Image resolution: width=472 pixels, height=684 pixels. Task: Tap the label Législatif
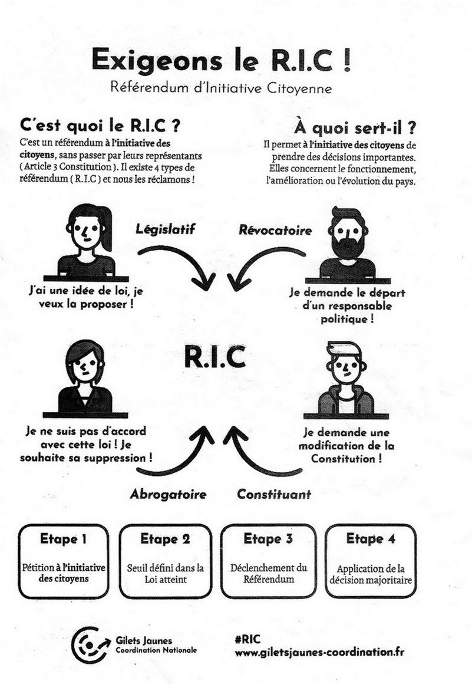[165, 229]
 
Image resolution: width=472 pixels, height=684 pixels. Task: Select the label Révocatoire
[275, 230]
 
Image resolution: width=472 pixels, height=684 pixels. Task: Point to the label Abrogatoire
[168, 494]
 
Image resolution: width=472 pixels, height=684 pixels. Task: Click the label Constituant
[274, 494]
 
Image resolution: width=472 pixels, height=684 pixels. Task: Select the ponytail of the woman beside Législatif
[105, 227]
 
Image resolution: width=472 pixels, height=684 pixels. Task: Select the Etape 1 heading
[63, 539]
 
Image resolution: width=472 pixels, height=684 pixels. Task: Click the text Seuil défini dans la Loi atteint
[166, 574]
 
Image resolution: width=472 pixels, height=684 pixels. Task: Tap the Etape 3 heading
[268, 539]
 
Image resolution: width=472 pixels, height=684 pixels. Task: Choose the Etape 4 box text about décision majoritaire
[371, 574]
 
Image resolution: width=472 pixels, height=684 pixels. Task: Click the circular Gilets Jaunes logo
[90, 645]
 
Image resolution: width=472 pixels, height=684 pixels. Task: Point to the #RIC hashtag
[247, 639]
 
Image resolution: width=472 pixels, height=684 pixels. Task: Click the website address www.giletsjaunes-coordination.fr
[319, 653]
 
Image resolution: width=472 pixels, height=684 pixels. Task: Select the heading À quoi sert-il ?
[355, 129]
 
